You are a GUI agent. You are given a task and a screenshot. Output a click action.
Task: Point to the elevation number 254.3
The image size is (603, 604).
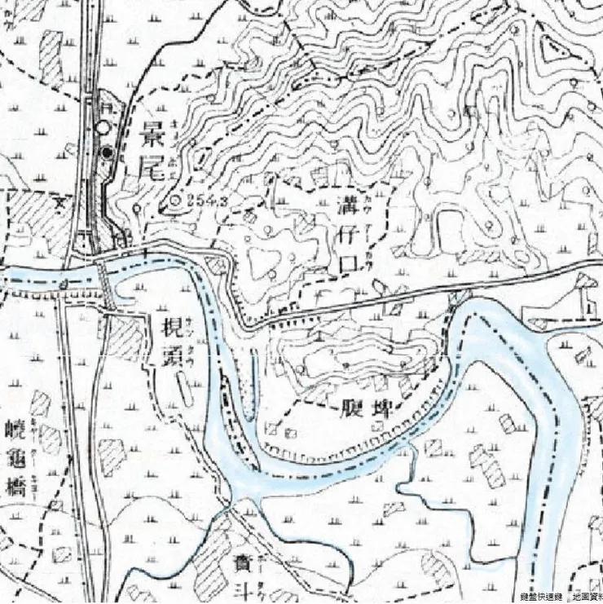tap(205, 198)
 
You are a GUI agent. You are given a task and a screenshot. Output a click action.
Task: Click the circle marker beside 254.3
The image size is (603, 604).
tap(176, 199)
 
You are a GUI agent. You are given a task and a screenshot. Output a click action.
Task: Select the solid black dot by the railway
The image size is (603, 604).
tap(107, 152)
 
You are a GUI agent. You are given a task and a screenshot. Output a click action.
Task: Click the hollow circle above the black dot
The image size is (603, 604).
tap(101, 128)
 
